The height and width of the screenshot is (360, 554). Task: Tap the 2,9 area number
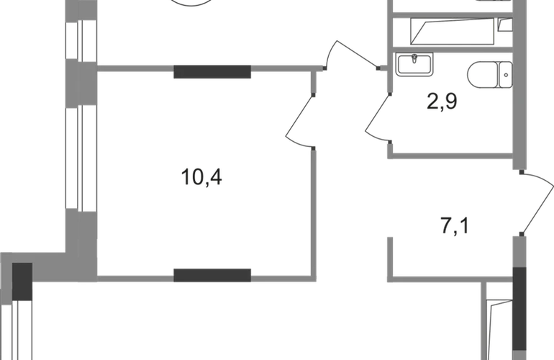tap(442, 101)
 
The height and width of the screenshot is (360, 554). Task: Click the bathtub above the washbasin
tap(452, 31)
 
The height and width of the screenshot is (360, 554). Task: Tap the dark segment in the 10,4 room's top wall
tap(212, 71)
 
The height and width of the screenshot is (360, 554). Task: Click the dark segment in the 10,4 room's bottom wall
tap(212, 272)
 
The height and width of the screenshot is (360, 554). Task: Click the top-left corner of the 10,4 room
tap(101, 71)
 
